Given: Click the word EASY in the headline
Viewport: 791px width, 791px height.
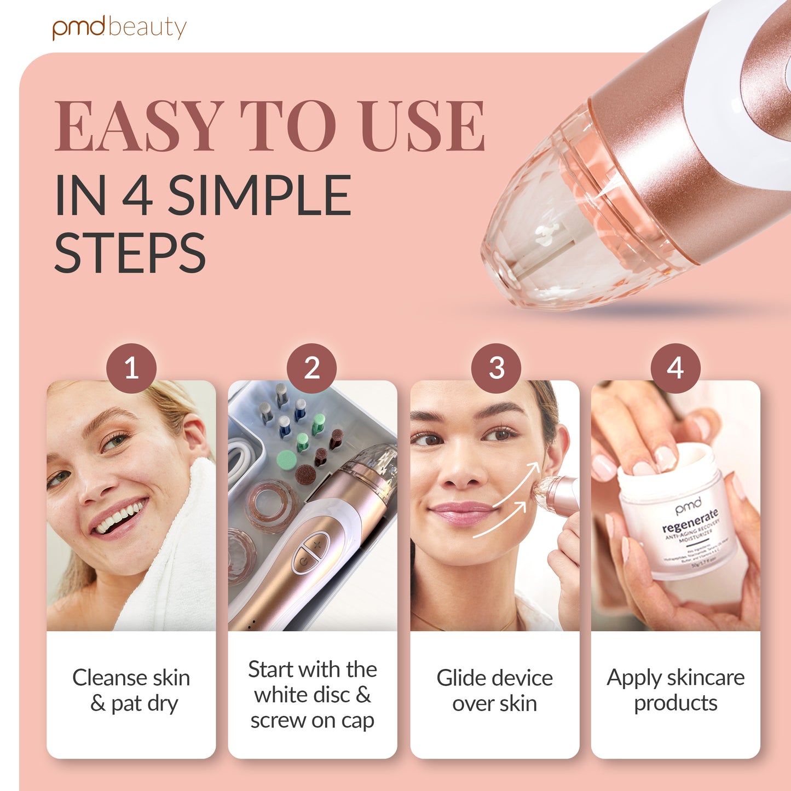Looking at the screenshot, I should coord(139,126).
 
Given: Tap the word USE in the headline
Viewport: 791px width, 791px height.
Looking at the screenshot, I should coord(422,126).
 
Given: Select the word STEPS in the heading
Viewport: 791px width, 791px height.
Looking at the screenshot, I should coord(130,253).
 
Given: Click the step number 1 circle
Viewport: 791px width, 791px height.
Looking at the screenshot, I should coord(131,368).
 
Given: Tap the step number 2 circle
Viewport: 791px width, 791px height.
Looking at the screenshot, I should coord(311,368).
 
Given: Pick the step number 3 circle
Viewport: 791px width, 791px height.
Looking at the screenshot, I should coord(496,368).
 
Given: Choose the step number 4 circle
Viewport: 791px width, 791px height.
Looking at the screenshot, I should coord(675,368).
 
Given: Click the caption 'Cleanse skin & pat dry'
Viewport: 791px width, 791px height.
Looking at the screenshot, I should coord(131,690).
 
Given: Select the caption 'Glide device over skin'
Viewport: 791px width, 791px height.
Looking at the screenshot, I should coord(494,690).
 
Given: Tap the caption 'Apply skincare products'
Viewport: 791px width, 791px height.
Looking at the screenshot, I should coord(675,690).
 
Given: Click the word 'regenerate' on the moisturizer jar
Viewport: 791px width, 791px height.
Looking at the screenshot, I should coord(689,521).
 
